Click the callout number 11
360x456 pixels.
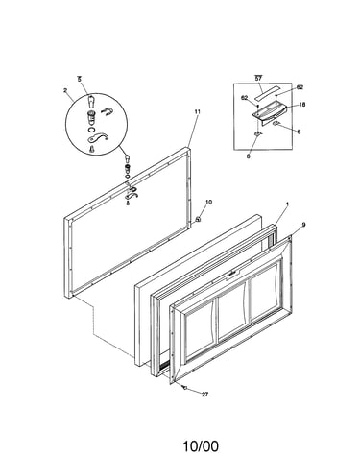coord(197,111)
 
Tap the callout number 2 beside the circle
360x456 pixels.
coord(65,90)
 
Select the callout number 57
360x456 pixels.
coord(258,78)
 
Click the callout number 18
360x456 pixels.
coord(302,105)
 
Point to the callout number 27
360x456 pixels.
coord(204,395)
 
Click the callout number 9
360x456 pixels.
coord(303,225)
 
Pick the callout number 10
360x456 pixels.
coord(208,202)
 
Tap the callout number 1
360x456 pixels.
coord(287,204)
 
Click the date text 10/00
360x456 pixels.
coord(201,445)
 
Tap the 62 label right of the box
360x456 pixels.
coord(300,87)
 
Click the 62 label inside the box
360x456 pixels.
coord(245,98)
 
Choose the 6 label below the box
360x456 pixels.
coord(249,156)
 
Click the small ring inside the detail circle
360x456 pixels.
coord(91,130)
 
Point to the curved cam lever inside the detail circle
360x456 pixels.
coord(98,138)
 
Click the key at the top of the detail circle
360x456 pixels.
coord(91,102)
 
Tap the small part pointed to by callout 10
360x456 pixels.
coord(198,219)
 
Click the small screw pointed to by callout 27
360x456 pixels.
coord(184,387)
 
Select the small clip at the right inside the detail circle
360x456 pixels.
coord(107,111)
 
